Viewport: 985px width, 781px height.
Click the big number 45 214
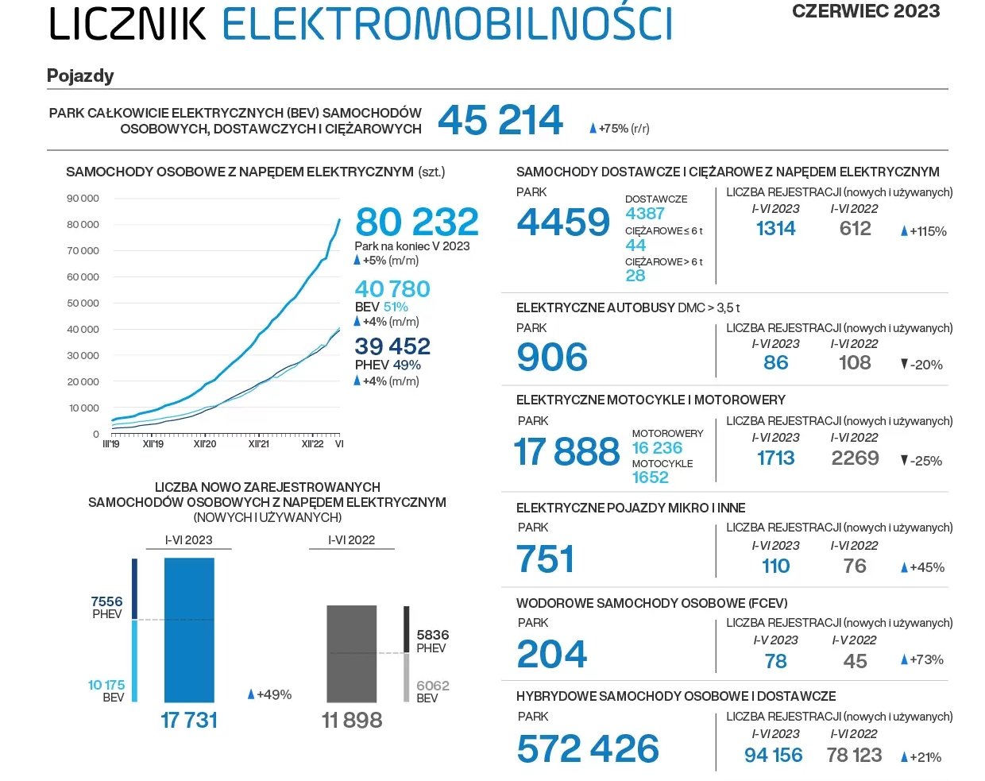[x=500, y=121]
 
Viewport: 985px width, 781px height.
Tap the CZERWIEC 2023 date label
[x=866, y=11]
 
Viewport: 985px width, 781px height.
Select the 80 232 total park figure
[x=417, y=222]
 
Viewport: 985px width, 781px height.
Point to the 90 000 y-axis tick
[x=83, y=199]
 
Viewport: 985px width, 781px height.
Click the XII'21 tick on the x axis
[x=259, y=444]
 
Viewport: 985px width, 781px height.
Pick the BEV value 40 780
[x=392, y=289]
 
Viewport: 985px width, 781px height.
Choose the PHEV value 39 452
[x=392, y=346]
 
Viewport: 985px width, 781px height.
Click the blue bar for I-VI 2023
[x=189, y=629]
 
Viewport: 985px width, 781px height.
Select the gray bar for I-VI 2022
[x=352, y=653]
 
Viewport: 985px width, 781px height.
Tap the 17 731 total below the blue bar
[x=189, y=720]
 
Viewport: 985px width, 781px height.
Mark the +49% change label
[x=270, y=694]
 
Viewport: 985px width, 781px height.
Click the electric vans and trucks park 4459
[x=563, y=222]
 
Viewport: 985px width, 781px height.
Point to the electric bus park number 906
[x=552, y=358]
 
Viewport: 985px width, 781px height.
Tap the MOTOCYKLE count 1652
[x=650, y=477]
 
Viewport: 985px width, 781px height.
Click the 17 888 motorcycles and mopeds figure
[x=566, y=452]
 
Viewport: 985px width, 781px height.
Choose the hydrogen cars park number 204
[x=552, y=655]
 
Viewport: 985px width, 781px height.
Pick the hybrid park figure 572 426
[x=588, y=749]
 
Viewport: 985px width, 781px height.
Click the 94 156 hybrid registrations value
[x=773, y=756]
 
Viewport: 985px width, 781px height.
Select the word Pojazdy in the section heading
[x=80, y=76]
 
